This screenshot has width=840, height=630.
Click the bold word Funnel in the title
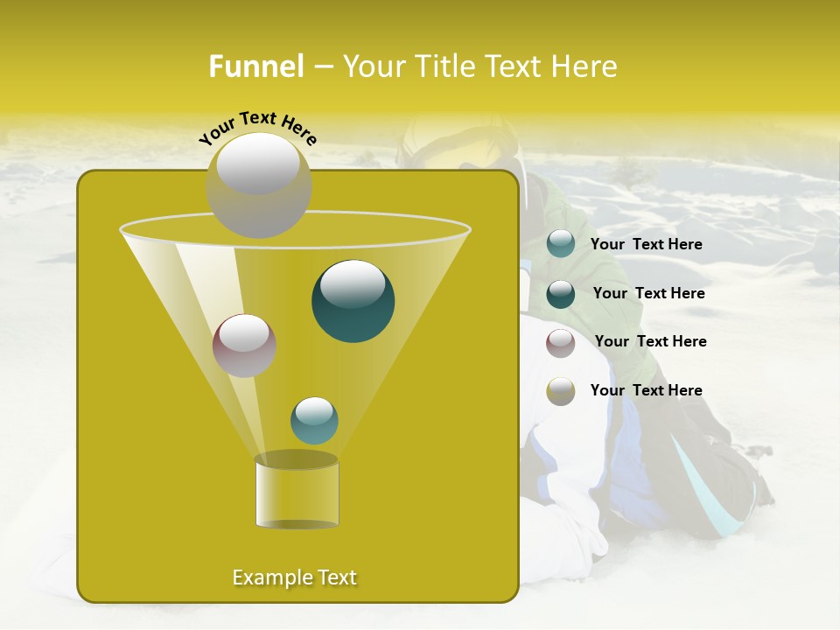[255, 66]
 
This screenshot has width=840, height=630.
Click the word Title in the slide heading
[444, 66]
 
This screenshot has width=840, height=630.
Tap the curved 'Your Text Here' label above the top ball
[258, 127]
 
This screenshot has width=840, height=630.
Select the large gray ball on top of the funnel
[259, 185]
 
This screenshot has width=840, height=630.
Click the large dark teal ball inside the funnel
[353, 301]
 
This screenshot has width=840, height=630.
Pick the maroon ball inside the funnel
[245, 346]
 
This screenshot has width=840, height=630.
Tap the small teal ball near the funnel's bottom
[314, 421]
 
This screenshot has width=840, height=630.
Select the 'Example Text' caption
[295, 577]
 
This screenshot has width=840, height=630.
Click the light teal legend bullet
[561, 244]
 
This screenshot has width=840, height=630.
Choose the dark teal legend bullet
[561, 294]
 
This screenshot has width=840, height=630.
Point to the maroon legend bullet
[561, 343]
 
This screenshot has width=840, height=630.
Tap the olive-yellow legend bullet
[561, 391]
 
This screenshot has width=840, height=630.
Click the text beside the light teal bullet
[646, 244]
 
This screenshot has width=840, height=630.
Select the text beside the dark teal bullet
[648, 293]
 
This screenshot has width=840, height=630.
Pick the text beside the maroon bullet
[650, 341]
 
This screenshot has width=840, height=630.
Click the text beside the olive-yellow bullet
[646, 390]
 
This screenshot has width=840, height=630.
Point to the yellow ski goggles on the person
[477, 157]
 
